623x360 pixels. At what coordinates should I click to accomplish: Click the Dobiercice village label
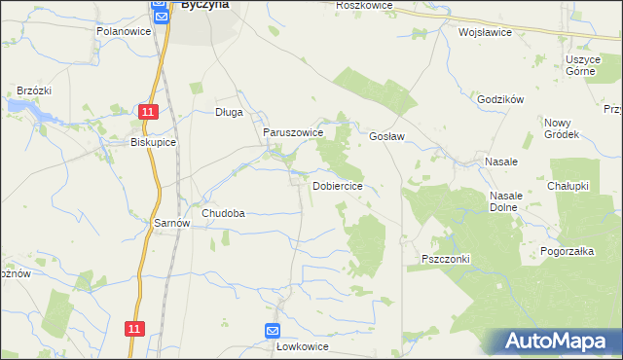338,186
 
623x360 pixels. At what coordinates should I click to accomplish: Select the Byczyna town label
205,5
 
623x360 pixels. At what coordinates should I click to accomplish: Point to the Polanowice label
122,31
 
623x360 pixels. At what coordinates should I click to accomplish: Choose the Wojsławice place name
485,31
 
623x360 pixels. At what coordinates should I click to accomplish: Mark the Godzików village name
501,99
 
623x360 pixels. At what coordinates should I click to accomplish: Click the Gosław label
386,137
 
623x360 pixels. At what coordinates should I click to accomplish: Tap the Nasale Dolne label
506,201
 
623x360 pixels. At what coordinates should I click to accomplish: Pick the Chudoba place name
223,213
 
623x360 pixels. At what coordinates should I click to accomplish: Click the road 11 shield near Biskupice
146,113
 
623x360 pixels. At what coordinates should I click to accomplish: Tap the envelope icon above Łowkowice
273,330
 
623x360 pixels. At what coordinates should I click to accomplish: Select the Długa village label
229,112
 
